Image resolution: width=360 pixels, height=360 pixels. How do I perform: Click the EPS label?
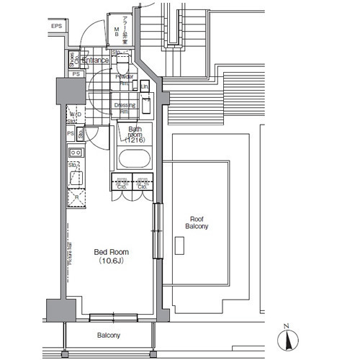pos(56,27)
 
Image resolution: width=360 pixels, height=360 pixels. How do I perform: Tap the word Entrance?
pos(95,60)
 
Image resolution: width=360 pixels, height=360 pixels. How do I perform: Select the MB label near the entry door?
pos(117,30)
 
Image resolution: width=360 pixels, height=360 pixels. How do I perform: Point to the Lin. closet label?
pos(145,87)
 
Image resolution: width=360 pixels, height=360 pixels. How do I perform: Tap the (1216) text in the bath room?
pos(135,141)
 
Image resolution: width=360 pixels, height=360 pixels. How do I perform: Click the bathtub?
pos(133,159)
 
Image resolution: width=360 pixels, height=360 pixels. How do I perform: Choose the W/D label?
pos(74,114)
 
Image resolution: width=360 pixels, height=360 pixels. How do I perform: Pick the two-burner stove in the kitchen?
pos(75,153)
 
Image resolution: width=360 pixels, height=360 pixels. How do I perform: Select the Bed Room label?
pos(112,252)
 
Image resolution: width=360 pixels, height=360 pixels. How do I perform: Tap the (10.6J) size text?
pos(112,262)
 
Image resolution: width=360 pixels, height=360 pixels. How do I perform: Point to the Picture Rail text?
pos(69,253)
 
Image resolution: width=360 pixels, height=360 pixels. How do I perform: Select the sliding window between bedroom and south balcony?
pos(111,315)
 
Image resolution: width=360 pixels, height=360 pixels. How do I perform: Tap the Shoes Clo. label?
pos(73,60)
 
